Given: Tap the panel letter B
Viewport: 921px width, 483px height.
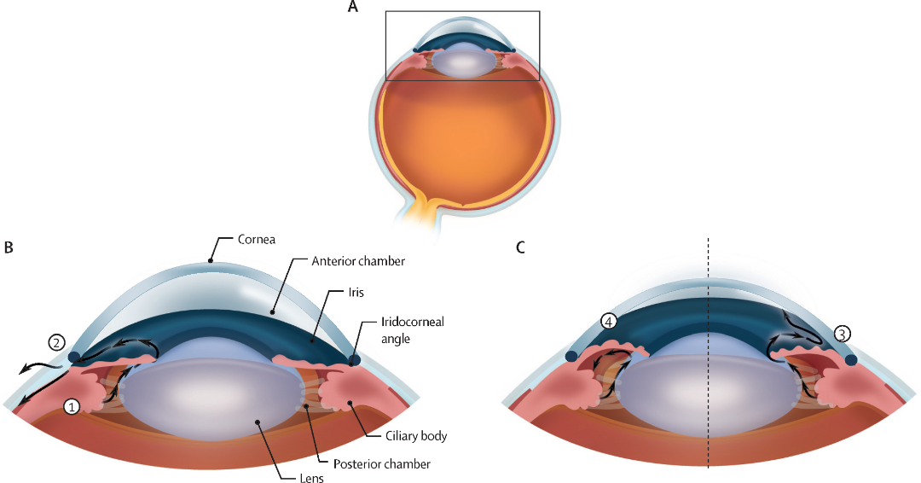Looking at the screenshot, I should click(8, 247).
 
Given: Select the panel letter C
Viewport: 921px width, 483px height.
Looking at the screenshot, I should click(520, 247).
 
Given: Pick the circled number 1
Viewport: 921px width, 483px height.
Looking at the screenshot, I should click(73, 408).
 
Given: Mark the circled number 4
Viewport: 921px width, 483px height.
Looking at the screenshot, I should click(608, 322).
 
